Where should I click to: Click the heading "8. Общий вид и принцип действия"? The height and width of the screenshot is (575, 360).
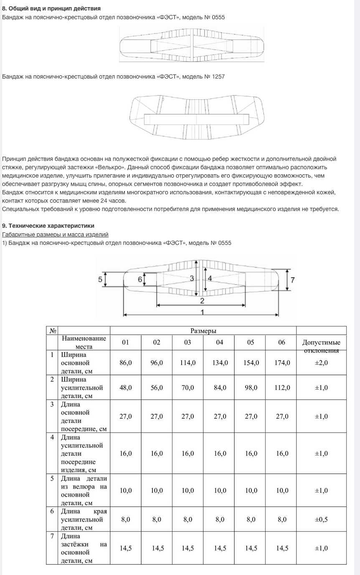click(51, 8)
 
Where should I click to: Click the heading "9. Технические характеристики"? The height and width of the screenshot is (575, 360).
click(48, 226)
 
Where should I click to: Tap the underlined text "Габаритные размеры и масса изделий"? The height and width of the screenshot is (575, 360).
click(55, 234)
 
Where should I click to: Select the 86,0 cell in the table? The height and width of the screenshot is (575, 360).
click(125, 363)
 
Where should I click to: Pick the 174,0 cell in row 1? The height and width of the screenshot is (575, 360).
click(282, 363)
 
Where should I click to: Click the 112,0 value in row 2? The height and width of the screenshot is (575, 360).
click(282, 388)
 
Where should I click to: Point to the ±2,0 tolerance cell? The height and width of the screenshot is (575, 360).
click(321, 363)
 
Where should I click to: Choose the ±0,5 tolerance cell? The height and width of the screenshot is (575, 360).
click(321, 519)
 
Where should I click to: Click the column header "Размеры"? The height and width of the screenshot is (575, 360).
click(203, 331)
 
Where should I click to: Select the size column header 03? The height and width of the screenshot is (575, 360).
click(188, 343)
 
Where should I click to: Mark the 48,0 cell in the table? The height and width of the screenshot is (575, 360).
click(125, 388)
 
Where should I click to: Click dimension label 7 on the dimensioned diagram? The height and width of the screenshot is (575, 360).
click(292, 280)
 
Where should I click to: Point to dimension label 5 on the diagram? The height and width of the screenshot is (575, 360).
click(100, 279)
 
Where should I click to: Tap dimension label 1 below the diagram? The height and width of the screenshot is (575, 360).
click(202, 312)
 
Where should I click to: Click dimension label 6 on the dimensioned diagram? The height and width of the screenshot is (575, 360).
click(140, 279)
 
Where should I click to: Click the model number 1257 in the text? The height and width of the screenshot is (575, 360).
click(217, 76)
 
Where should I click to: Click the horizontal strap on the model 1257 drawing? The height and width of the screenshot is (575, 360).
click(196, 119)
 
